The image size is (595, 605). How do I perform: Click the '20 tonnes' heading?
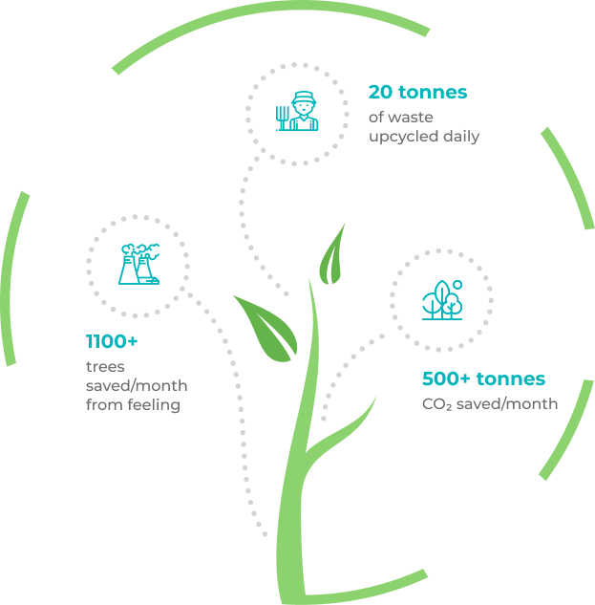tap(417, 93)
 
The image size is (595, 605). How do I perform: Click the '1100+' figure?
tap(114, 341)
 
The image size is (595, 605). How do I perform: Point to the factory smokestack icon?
tap(138, 265)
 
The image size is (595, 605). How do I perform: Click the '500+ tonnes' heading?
tap(483, 379)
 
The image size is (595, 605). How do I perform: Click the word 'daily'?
tap(460, 136)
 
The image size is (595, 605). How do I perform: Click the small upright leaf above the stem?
tap(333, 253)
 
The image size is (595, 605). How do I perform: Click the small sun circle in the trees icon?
tap(457, 285)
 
